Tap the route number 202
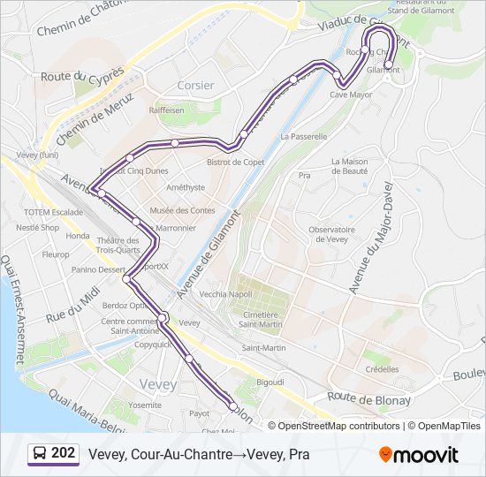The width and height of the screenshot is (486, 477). (x=63, y=453)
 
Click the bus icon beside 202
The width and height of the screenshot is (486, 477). (x=40, y=454)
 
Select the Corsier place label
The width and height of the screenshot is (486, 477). (x=195, y=85)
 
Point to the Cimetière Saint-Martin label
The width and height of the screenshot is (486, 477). (x=261, y=320)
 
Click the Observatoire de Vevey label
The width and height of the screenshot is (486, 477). (x=330, y=234)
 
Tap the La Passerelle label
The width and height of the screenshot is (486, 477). (x=303, y=137)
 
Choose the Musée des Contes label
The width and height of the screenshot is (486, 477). (x=182, y=210)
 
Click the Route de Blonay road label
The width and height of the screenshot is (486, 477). (x=369, y=400)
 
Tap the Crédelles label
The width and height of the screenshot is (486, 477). (x=381, y=369)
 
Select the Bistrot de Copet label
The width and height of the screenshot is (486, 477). (x=235, y=162)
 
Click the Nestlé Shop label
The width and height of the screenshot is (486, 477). (x=37, y=227)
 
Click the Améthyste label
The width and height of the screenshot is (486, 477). (x=186, y=187)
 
